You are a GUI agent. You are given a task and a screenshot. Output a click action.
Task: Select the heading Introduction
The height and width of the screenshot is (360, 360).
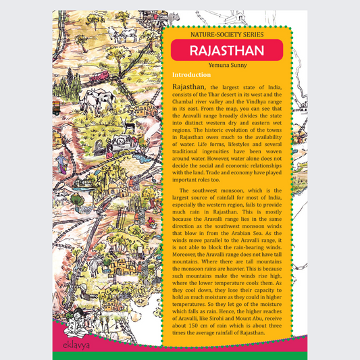pyautogui.click(x=191, y=74)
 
